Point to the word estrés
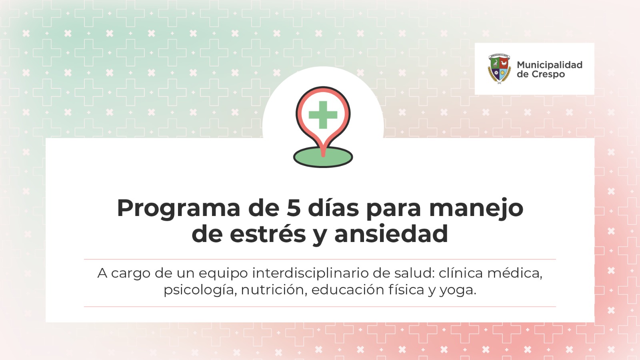(x=268, y=233)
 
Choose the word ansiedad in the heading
(x=391, y=233)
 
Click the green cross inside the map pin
(x=323, y=115)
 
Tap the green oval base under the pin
(x=323, y=158)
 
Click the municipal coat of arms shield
(x=499, y=68)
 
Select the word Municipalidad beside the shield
(x=550, y=65)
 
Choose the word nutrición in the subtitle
(x=274, y=290)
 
